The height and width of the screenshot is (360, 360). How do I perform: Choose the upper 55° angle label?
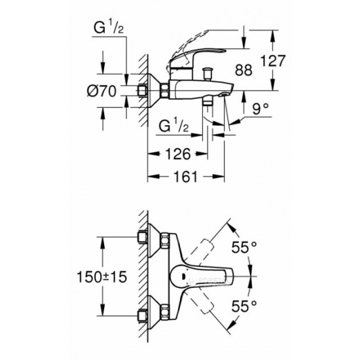(244, 247)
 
